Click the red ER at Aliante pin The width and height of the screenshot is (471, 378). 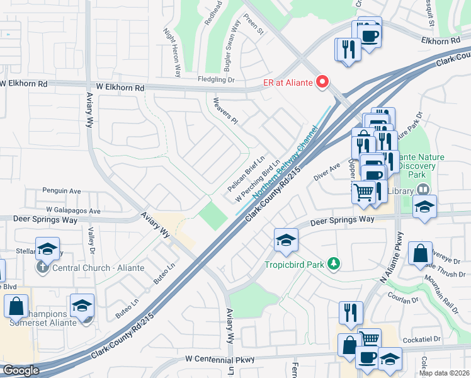click(323, 82)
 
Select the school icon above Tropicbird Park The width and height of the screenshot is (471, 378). click(286, 239)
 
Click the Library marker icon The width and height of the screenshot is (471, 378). click(424, 190)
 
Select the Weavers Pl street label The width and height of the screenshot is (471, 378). click(226, 110)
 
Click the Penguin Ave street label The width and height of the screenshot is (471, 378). click(62, 190)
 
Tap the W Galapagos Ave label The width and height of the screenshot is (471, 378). click(73, 210)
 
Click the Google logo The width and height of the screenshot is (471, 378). click(21, 370)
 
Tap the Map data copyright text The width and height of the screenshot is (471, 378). click(443, 373)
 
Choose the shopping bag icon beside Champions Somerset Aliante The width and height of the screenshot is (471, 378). click(16, 306)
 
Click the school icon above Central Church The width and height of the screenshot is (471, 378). click(47, 249)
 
